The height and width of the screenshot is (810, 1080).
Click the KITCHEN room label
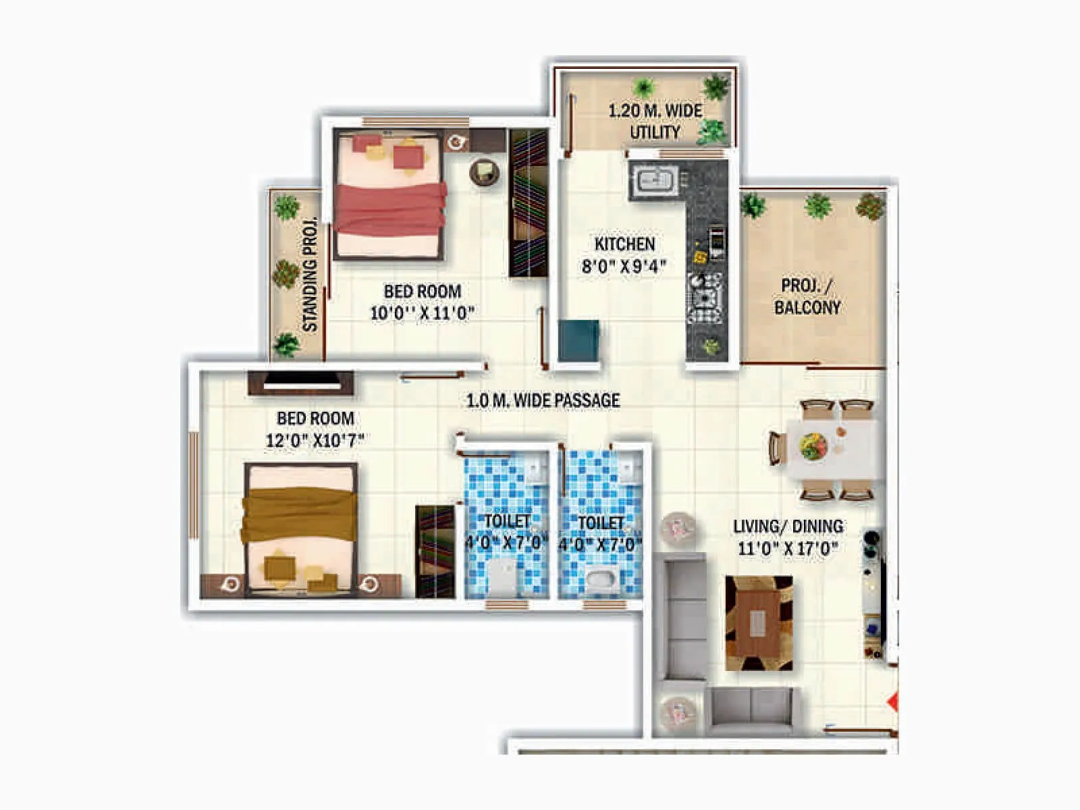click(624, 244)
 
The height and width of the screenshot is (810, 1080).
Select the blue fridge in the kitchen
click(578, 341)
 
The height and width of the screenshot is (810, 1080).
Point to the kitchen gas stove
click(705, 298)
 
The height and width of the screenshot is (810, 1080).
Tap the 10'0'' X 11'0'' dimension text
click(422, 313)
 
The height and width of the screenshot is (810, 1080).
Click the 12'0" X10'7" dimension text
click(315, 441)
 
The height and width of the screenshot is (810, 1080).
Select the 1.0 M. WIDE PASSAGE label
click(543, 400)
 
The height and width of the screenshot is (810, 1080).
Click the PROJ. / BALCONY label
click(807, 296)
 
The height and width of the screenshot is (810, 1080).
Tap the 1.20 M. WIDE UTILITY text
click(655, 122)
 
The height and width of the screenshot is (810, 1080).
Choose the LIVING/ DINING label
click(788, 526)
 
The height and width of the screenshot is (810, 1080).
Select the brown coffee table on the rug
click(758, 623)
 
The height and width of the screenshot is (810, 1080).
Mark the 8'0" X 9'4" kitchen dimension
click(624, 266)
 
